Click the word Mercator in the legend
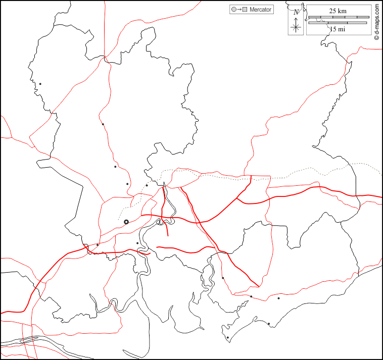260,10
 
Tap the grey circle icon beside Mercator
233,10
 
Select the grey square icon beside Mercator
245,10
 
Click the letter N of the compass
296,11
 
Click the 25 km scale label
338,11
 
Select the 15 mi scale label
338,29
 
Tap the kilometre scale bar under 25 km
338,17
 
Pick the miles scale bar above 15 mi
338,23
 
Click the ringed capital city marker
126,222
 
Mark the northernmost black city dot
40,84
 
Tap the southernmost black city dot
228,338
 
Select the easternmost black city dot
278,298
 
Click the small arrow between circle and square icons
239,10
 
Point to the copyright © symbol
377,38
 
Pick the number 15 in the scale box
333,29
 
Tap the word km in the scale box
342,11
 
